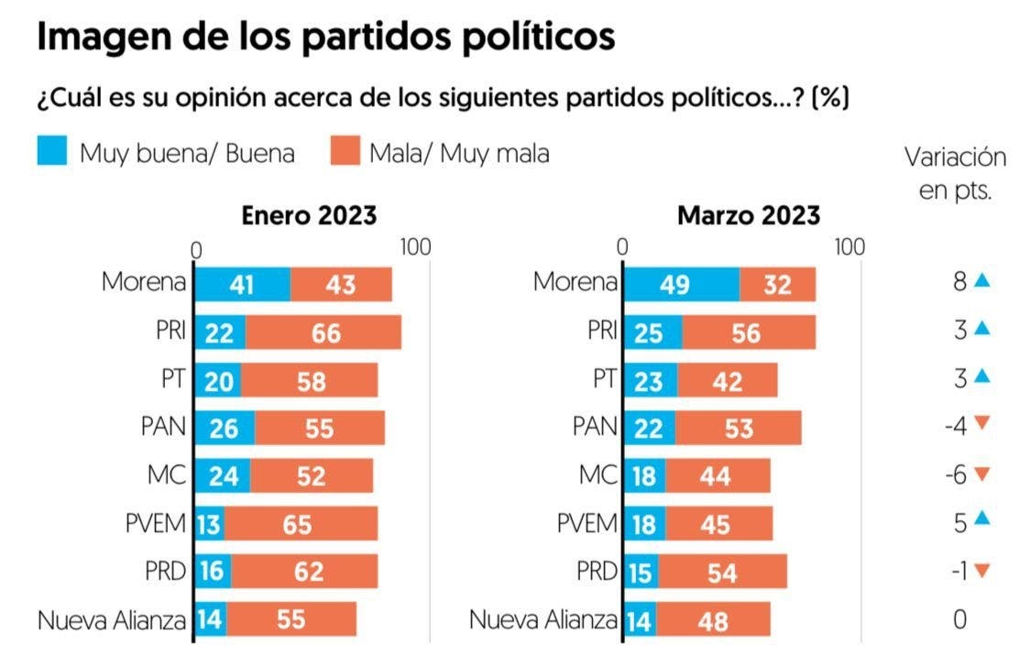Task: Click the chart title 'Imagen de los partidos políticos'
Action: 325,38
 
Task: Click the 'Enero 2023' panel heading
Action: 309,215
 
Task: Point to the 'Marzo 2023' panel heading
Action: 749,216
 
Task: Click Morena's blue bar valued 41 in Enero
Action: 242,284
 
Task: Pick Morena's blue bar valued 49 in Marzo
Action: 681,284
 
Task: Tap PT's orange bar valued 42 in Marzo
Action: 727,380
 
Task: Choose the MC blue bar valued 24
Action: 224,476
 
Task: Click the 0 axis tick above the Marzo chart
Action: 622,248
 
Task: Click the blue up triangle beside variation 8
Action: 982,280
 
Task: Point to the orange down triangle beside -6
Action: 982,475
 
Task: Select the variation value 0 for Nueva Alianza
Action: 960,620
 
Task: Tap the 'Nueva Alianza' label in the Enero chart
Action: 112,620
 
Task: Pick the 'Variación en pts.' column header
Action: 956,174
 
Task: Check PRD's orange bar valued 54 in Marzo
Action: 721,573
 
